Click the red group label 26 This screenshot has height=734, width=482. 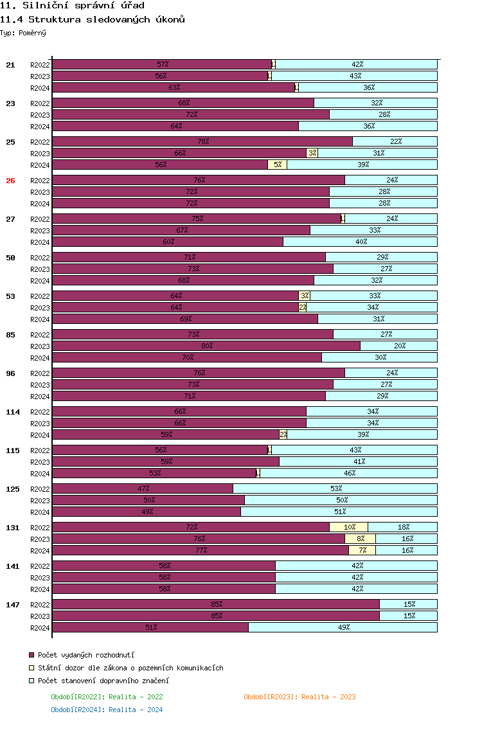tap(10, 181)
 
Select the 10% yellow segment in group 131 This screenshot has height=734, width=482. tap(349, 527)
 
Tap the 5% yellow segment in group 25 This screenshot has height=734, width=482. tap(277, 165)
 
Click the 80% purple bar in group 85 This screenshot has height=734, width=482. tap(206, 346)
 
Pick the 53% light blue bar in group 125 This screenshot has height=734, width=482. tap(335, 488)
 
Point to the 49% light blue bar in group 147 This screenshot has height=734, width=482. tap(343, 627)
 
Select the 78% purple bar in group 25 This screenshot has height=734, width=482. tap(202, 141)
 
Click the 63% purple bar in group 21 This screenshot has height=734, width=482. tap(174, 87)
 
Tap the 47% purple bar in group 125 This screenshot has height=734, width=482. tap(143, 488)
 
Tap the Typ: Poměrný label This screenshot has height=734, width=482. tap(23, 33)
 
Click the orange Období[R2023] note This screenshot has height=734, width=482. tap(299, 697)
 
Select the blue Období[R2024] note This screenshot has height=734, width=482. tap(107, 710)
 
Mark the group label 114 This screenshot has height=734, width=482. tap(13, 412)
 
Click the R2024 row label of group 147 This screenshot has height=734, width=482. tap(40, 628)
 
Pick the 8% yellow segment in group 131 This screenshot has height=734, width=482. tap(361, 539)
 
